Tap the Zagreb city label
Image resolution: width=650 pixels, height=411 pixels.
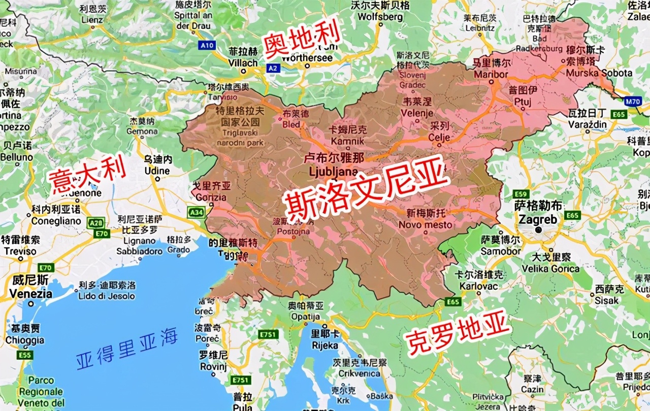(x=537, y=220)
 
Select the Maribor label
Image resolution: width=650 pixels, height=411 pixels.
(x=491, y=74)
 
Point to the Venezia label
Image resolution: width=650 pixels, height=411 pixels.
(x=31, y=293)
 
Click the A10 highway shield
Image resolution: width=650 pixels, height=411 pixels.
(x=207, y=45)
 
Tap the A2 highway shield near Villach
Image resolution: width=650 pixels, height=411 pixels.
(x=273, y=66)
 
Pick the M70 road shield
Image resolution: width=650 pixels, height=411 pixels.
(x=632, y=101)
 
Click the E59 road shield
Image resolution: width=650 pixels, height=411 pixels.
(x=521, y=194)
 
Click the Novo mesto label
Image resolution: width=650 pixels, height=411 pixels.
(x=425, y=224)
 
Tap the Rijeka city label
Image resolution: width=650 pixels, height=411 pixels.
(x=325, y=345)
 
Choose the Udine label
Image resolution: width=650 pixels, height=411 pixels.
(x=157, y=170)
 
